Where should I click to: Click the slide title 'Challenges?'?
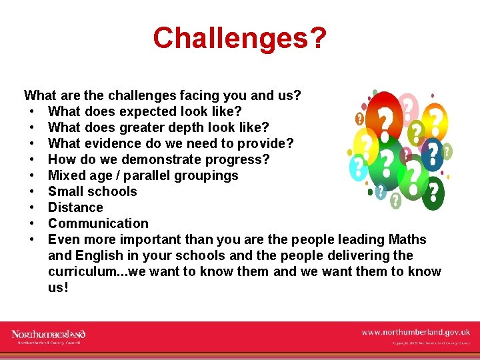pos(239,38)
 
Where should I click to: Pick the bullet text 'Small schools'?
pos(93,191)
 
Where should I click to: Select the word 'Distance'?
pos(75,207)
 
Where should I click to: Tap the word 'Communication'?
pos(98,223)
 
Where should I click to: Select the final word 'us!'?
pos(58,287)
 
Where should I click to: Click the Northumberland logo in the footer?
pos(49,335)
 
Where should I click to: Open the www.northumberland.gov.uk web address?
pos(415,331)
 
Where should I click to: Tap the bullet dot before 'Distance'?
pos(32,207)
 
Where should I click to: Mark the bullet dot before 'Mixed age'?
pos(32,175)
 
